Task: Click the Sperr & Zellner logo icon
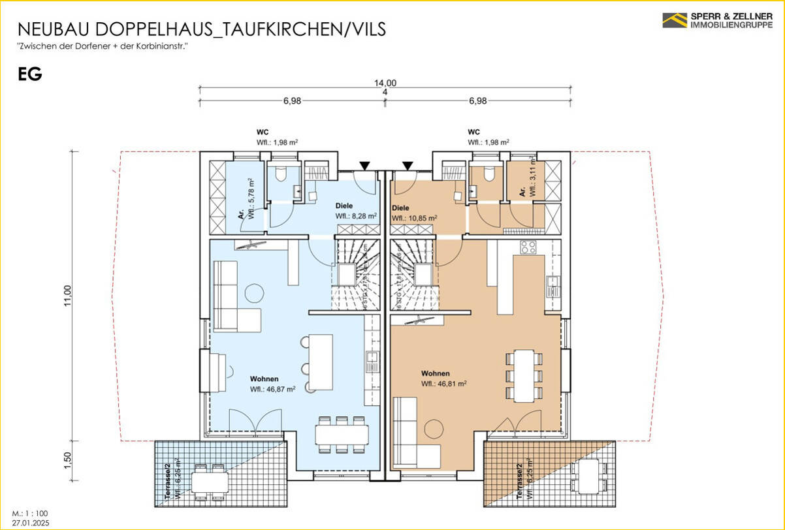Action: coord(675,20)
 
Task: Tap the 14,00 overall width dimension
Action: coord(385,82)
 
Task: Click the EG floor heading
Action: coord(30,74)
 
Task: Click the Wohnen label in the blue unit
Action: coord(264,379)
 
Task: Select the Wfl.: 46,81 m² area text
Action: coord(444,384)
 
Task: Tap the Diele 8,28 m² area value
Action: coord(356,215)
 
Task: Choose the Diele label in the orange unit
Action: coord(400,208)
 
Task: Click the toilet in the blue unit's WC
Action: coord(281,175)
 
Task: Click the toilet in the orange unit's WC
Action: coord(488,175)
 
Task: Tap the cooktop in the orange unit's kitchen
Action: coord(528,248)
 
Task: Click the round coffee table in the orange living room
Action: coord(434,429)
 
